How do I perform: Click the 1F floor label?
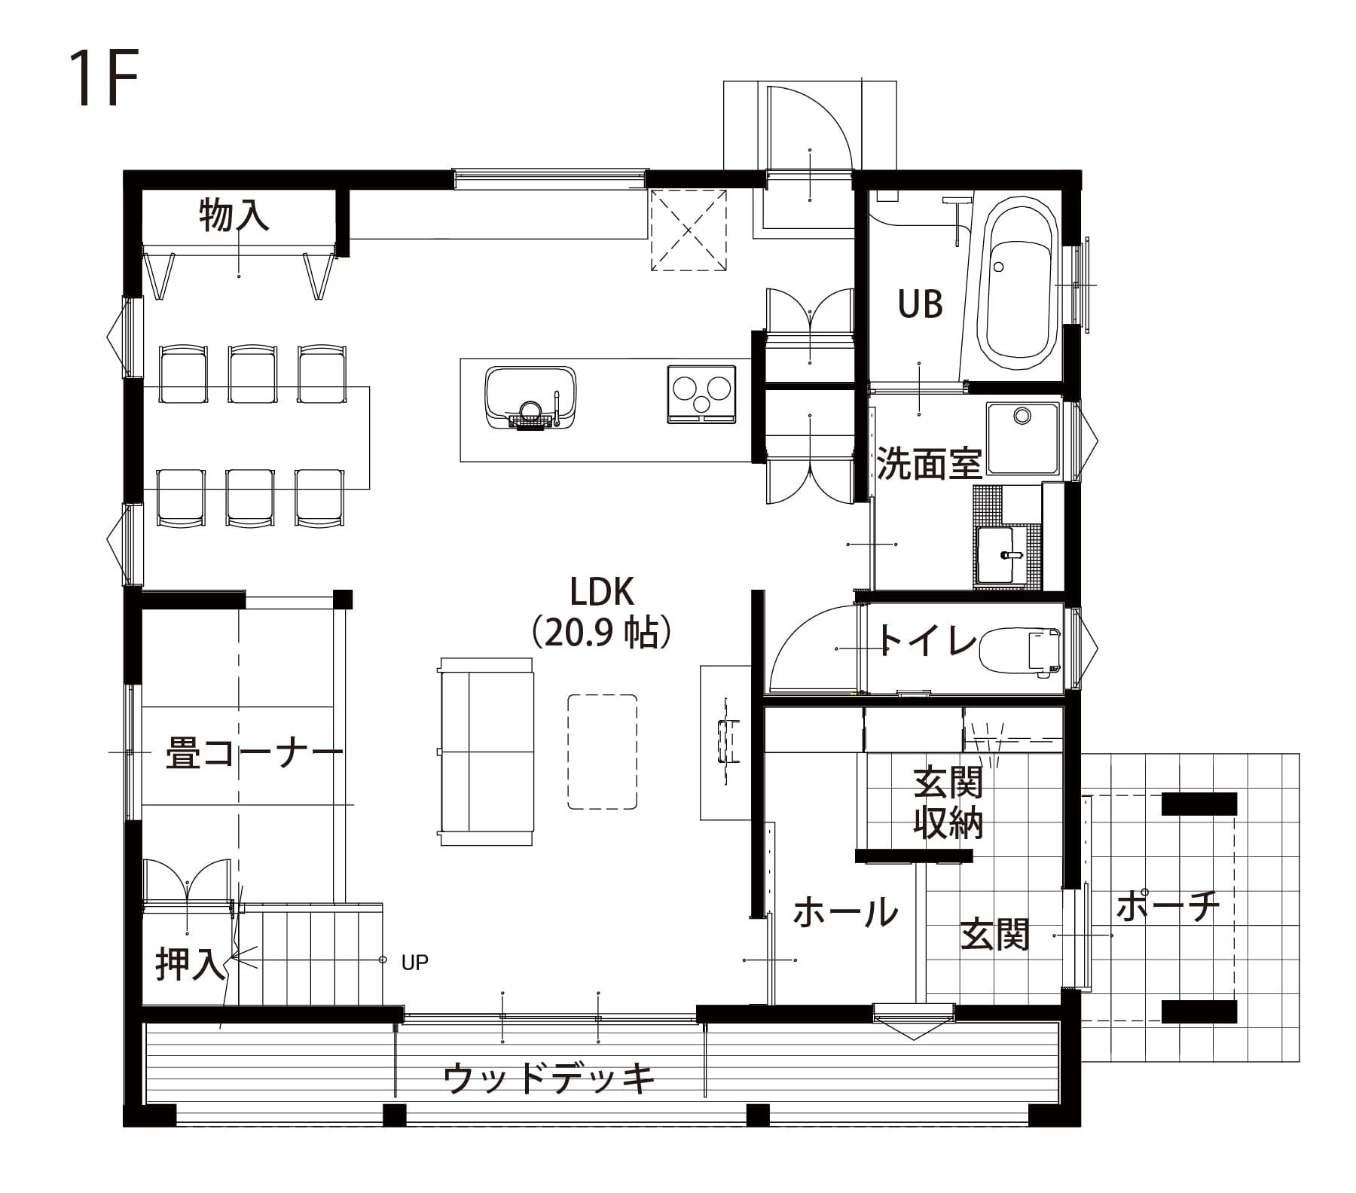104,79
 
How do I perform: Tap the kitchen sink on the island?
530,398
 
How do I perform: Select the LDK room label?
602,593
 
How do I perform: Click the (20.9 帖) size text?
601,634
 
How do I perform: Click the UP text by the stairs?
415,962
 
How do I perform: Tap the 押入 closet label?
190,964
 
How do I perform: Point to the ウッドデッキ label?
549,1079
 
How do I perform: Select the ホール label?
846,912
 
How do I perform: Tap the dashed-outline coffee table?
602,752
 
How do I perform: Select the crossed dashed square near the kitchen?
689,230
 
